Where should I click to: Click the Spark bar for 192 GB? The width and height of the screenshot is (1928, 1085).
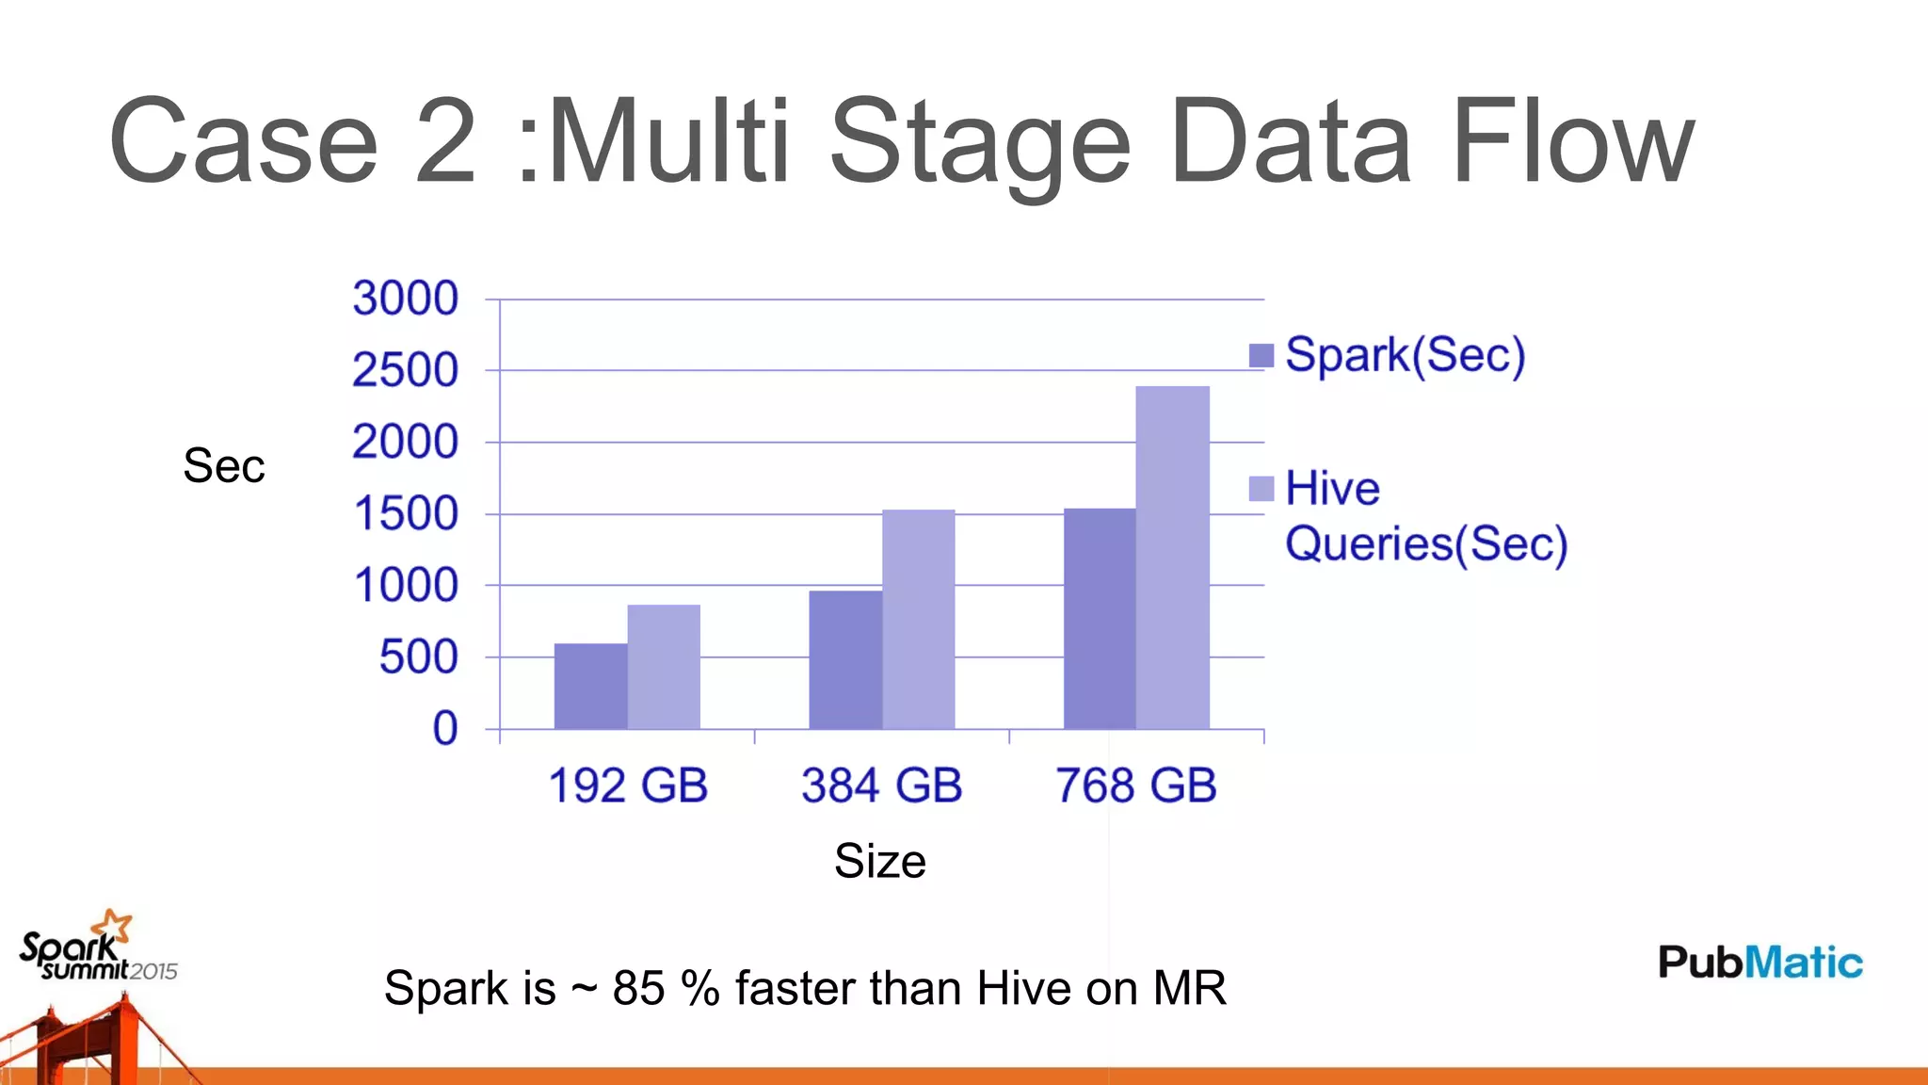[590, 687]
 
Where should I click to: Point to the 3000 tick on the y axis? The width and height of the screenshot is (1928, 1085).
[406, 299]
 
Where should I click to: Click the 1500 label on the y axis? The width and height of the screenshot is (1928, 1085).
[406, 514]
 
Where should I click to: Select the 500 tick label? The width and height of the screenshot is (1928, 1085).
[418, 657]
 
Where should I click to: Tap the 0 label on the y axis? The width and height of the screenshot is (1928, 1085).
[444, 729]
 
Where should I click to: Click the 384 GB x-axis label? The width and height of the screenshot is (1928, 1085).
[881, 785]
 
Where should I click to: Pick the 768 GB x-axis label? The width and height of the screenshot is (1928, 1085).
[1136, 785]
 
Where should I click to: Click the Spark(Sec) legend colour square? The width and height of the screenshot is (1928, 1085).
[1261, 355]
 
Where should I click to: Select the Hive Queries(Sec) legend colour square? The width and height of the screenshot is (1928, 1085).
[1261, 489]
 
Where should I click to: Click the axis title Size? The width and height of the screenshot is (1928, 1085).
[880, 861]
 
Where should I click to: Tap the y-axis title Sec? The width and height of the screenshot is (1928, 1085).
[224, 465]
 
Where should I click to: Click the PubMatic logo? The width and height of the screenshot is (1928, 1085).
[1759, 963]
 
